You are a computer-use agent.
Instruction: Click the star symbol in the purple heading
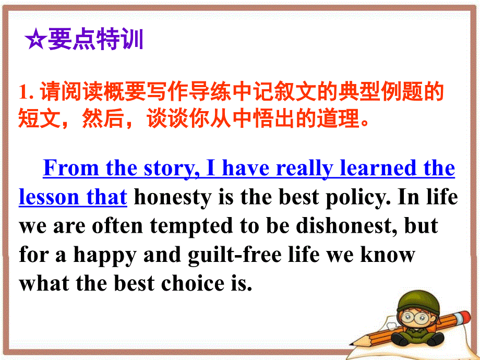[x=35, y=40]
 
